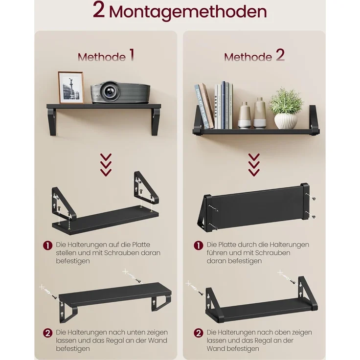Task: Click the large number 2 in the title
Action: [x=99, y=11]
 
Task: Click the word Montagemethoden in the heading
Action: [x=188, y=12]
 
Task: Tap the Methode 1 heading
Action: [x=106, y=56]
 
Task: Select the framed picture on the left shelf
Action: [x=71, y=87]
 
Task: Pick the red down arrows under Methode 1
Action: [x=106, y=165]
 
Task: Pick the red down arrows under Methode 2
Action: [x=253, y=165]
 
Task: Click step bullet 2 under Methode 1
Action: [x=47, y=333]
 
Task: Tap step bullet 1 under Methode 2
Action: [x=198, y=245]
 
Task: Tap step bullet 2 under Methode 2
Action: [x=198, y=333]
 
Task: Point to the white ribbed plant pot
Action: [x=286, y=120]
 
